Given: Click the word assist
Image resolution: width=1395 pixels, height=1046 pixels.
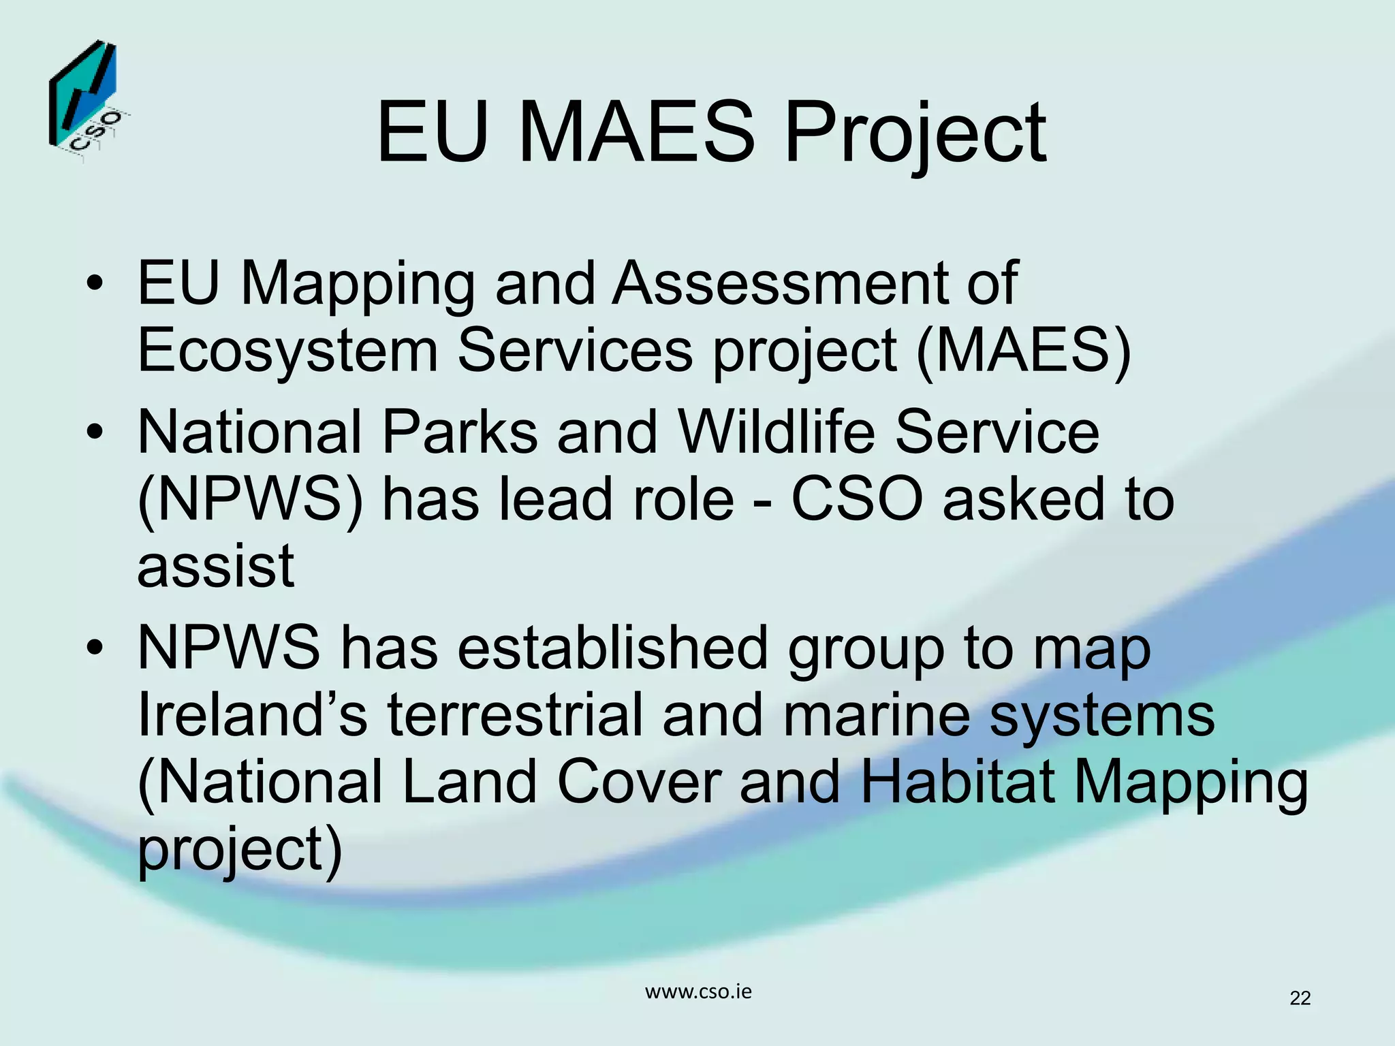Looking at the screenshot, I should point(216,567).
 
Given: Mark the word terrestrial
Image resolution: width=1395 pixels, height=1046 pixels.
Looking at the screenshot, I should point(515,714).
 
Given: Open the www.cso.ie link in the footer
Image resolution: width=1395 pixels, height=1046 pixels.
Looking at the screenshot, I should point(698,992).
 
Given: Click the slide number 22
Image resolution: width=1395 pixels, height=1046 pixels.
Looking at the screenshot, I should point(1300,998).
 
